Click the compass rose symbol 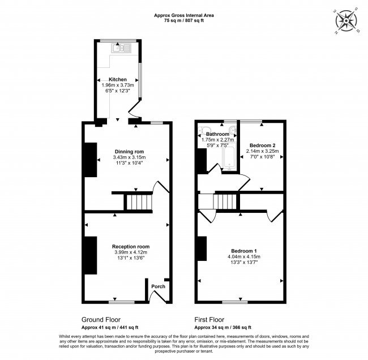tap(346, 21)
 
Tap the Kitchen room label tap(118, 79)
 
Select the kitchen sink tap(121, 48)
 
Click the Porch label tap(158, 286)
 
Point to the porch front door tap(158, 296)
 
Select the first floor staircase tap(224, 202)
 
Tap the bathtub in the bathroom tap(229, 156)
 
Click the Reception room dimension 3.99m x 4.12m tap(131, 252)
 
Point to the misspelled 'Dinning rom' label tap(129, 152)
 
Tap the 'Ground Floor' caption tap(101, 320)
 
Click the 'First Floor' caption tap(209, 320)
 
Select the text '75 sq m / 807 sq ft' tap(184, 20)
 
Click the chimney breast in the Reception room tap(91, 255)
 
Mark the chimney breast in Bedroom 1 tap(202, 248)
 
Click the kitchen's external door tap(135, 109)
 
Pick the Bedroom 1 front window tap(235, 302)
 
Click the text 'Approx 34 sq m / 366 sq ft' tap(222, 327)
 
